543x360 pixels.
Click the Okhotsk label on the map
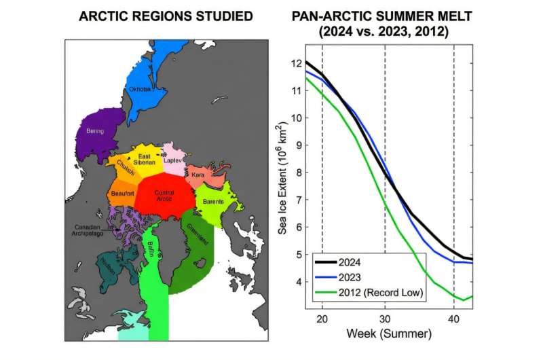point(138,89)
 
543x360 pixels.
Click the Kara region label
point(198,175)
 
